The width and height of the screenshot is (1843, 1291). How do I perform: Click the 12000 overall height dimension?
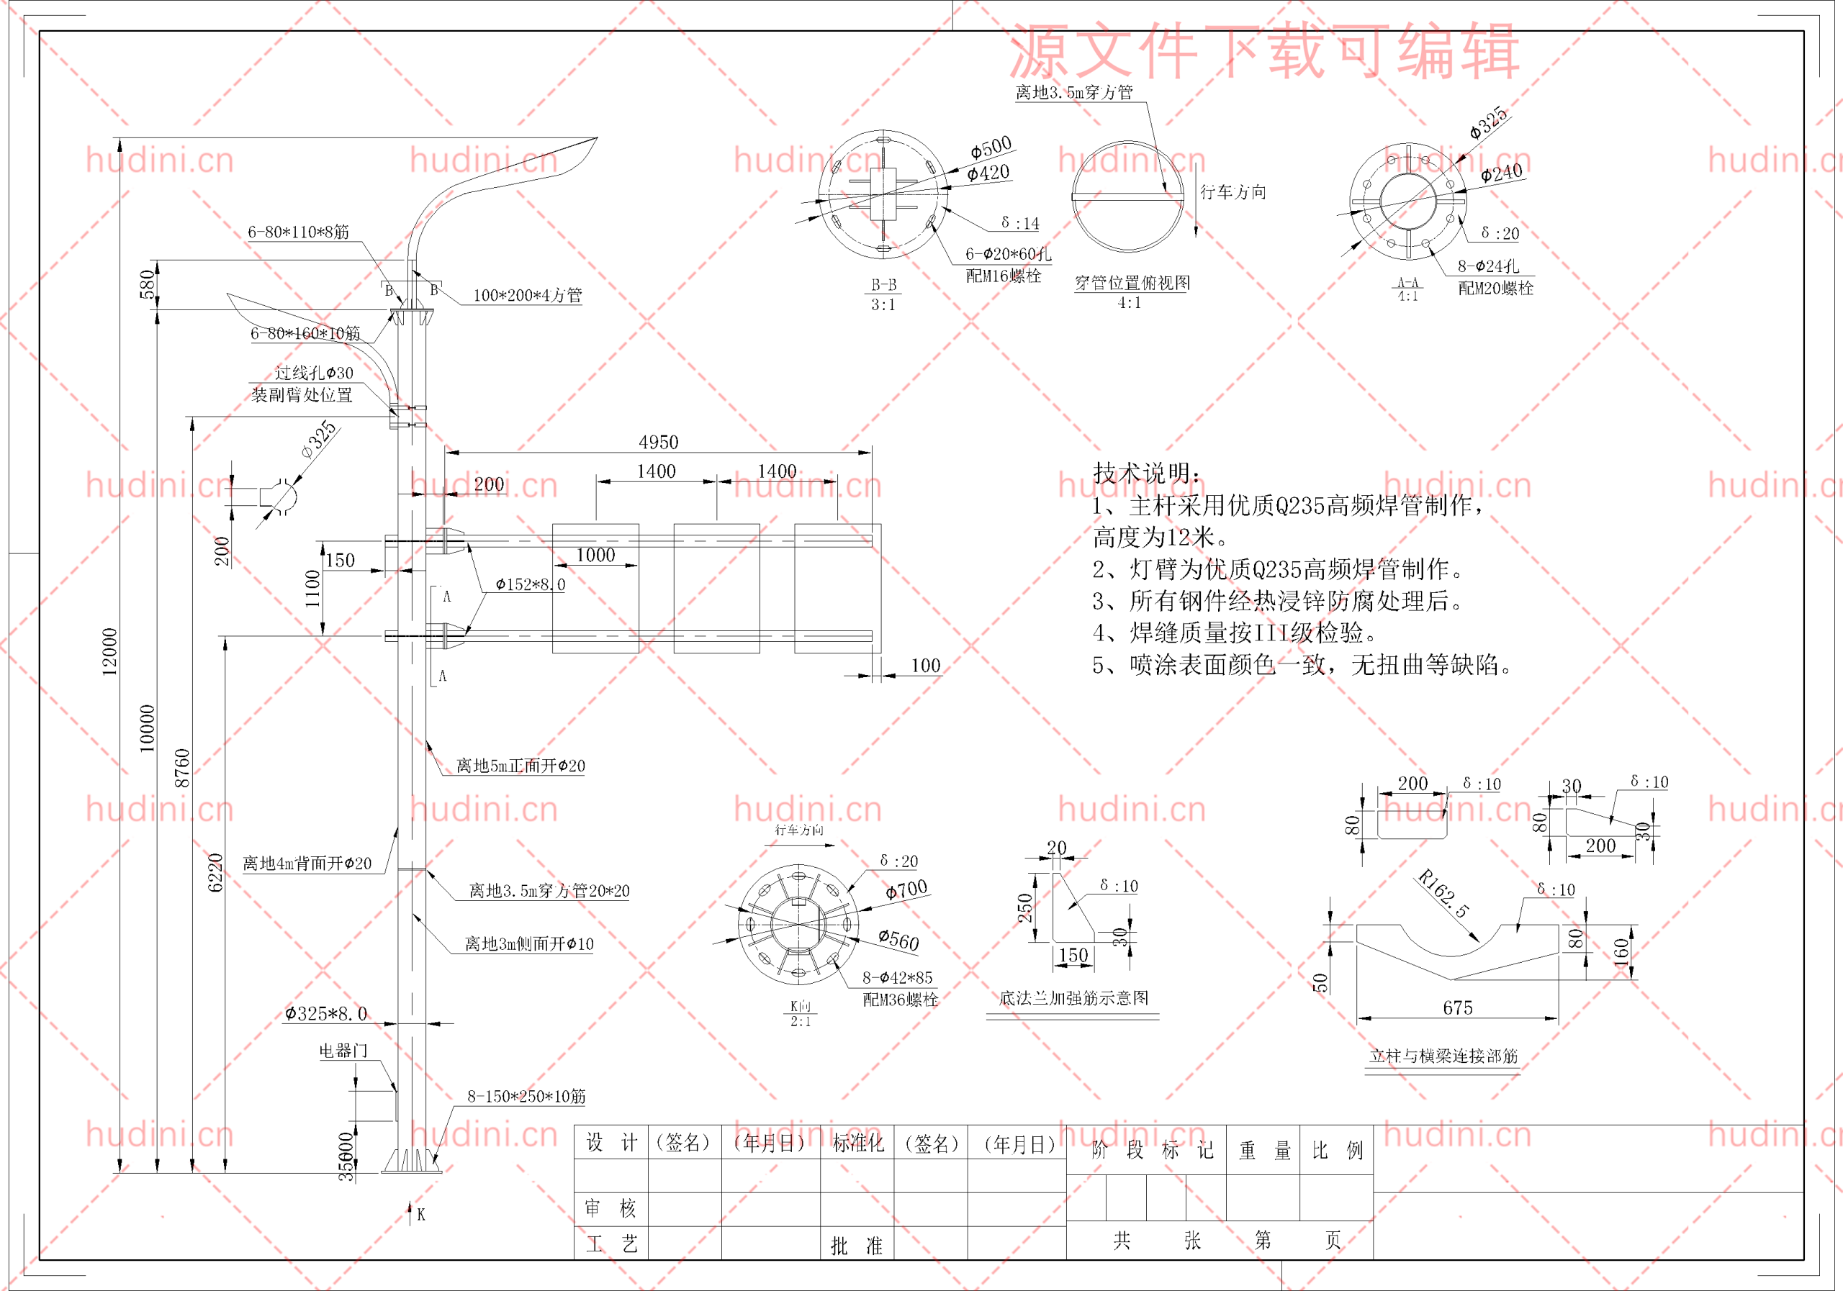tap(109, 651)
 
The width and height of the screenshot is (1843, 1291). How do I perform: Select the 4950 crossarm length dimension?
tap(658, 442)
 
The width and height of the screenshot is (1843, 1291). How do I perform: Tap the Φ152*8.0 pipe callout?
tap(530, 584)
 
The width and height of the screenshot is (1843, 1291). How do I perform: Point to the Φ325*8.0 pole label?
tap(326, 1013)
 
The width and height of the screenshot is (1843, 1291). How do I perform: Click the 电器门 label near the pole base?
tap(343, 1051)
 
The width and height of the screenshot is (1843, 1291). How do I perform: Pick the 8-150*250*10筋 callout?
tap(526, 1096)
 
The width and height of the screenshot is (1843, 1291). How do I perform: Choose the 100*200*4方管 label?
tap(528, 295)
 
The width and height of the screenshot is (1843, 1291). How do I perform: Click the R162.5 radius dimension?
tap(1443, 893)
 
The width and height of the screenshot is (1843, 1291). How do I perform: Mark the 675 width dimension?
tap(1458, 1007)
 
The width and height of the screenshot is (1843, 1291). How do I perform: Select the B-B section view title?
tap(884, 285)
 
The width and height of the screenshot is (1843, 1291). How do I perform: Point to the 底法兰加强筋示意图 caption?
tap(1073, 997)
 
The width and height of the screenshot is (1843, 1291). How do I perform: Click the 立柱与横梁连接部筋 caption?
tap(1443, 1056)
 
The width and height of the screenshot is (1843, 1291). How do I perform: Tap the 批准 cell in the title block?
tap(856, 1245)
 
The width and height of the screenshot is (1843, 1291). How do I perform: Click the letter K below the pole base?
tap(420, 1215)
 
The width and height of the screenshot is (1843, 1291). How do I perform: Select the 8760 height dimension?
tap(182, 768)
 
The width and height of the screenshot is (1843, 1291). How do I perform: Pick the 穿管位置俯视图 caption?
tap(1132, 282)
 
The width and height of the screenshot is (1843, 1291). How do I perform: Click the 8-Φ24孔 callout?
tap(1488, 266)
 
